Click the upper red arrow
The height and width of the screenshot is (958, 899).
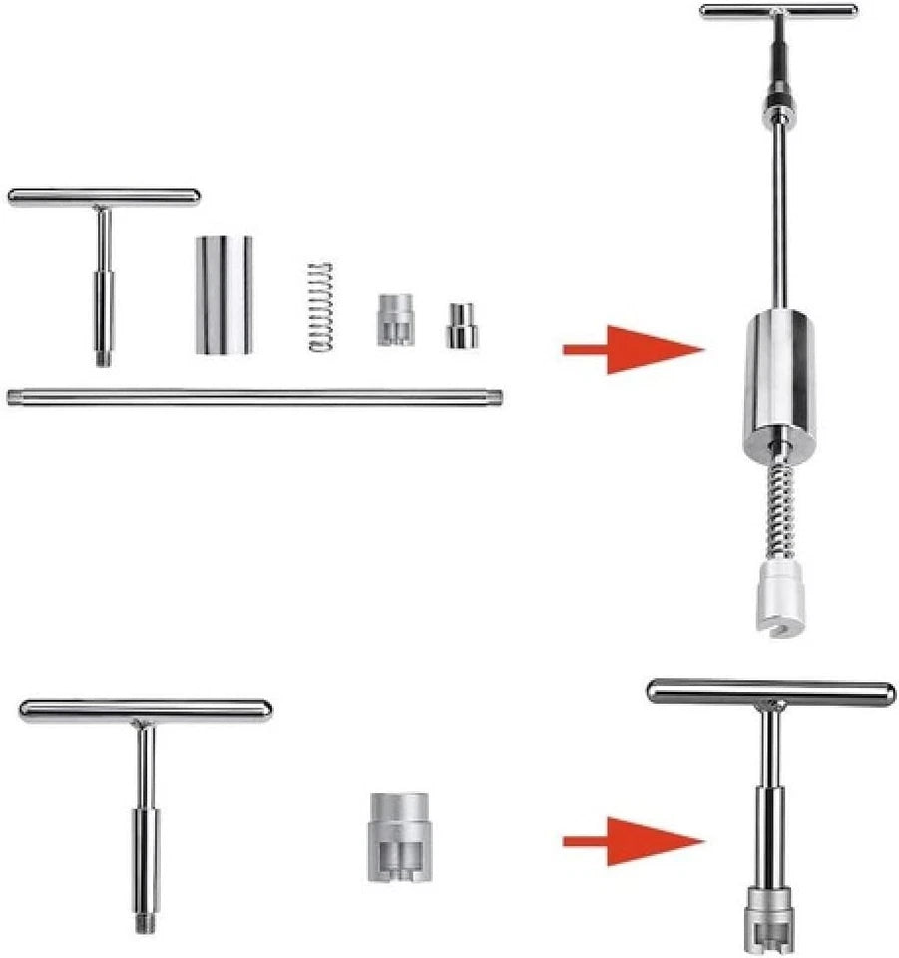point(635,349)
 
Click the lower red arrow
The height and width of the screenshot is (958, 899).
point(635,842)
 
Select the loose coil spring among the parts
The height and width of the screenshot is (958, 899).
point(319,306)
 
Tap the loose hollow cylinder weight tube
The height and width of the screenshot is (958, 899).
point(224,294)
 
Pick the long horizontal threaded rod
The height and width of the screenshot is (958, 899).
point(254,397)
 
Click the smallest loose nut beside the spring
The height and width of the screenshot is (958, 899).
point(461,326)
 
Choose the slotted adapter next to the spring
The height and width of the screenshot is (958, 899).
point(395,319)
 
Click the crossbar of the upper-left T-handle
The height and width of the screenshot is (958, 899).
point(104,197)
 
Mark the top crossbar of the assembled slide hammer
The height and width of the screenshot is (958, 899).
point(778,11)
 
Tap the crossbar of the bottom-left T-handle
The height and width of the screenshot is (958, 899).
point(146,711)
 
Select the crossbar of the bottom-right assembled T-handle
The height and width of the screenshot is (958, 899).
point(770,691)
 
